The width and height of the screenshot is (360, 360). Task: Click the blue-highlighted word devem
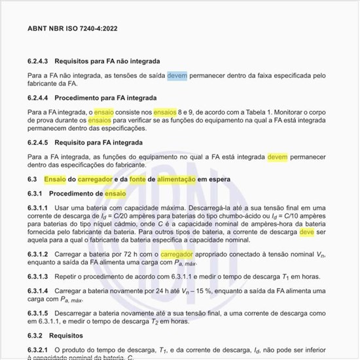[x=177, y=75]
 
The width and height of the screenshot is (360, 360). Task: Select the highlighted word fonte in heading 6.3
[x=138, y=179]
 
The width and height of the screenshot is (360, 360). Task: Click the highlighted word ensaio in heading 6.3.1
[x=115, y=194]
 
